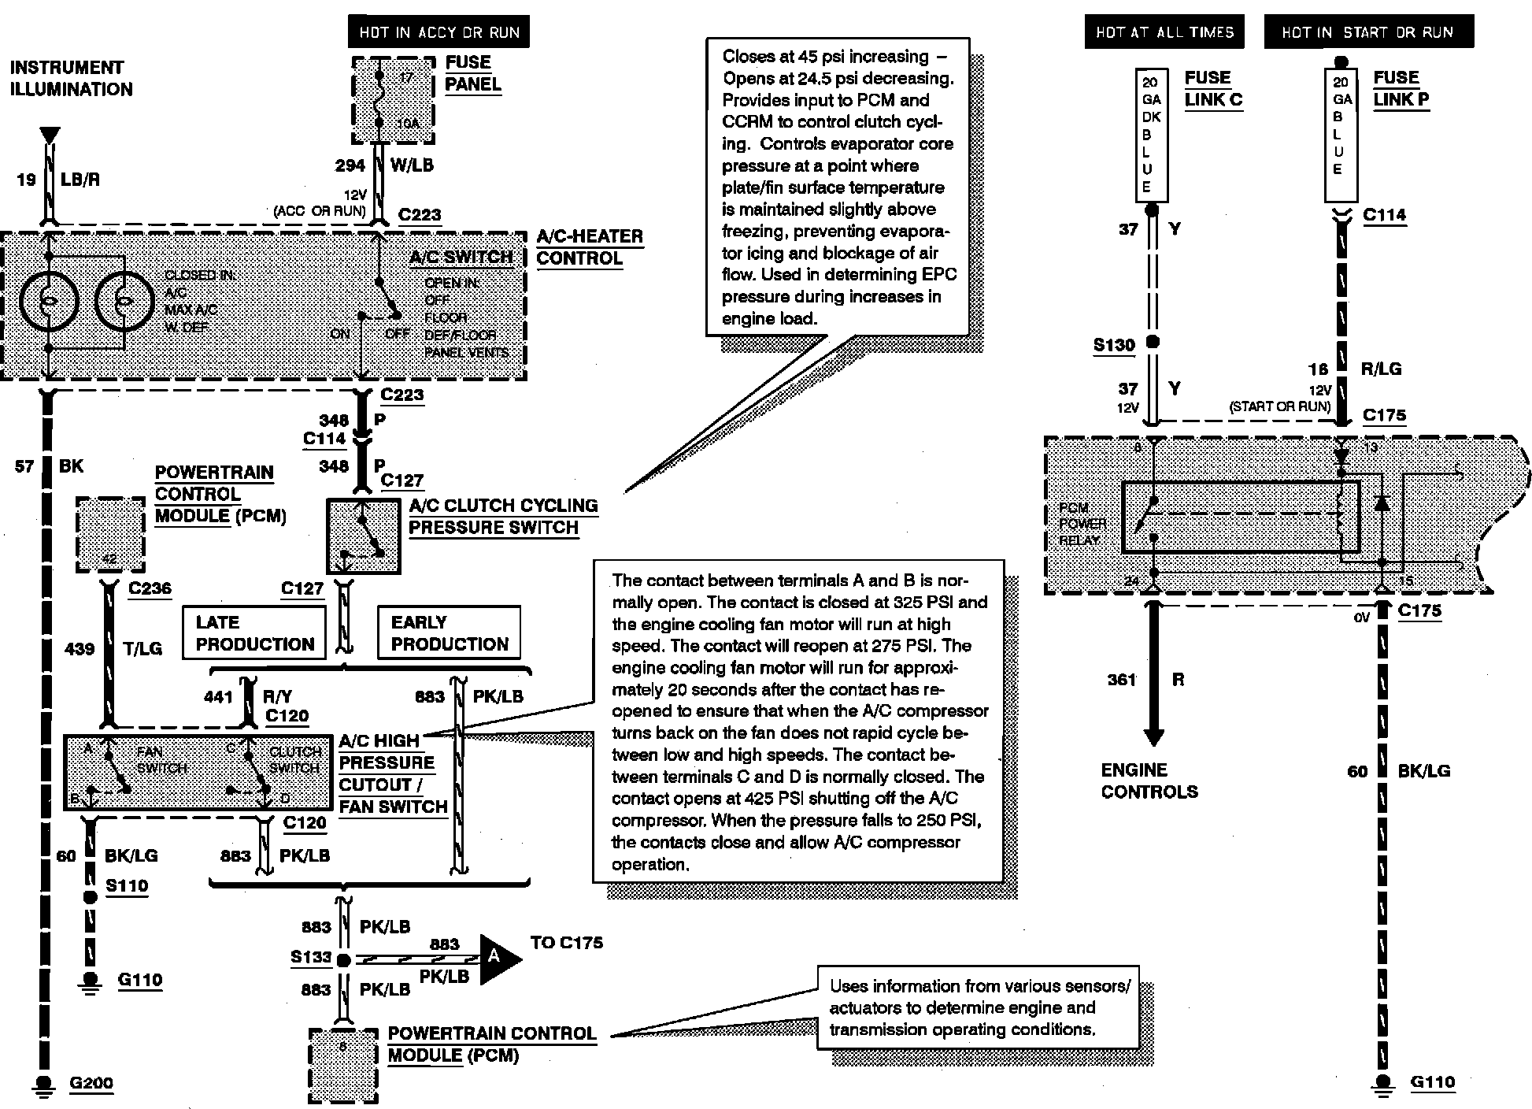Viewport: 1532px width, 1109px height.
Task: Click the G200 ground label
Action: [x=91, y=1083]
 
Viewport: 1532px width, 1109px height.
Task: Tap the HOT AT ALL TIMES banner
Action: [x=1164, y=32]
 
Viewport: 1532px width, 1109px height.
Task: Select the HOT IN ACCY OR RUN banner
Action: [x=439, y=32]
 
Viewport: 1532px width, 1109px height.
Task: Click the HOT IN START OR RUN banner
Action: [x=1368, y=32]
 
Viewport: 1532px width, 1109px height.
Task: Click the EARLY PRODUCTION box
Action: [x=450, y=633]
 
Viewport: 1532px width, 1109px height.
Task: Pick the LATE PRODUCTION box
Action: [x=254, y=633]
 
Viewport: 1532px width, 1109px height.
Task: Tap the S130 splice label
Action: [x=1114, y=345]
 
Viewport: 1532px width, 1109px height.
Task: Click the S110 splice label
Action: [x=127, y=886]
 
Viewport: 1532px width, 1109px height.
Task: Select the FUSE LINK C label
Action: [x=1212, y=88]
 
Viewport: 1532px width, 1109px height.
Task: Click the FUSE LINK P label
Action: [x=1401, y=88]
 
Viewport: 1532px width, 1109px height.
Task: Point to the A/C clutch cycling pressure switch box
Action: [x=363, y=536]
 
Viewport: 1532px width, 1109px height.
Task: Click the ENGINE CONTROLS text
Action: [x=1149, y=781]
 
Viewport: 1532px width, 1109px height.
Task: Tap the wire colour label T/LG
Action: [x=142, y=649]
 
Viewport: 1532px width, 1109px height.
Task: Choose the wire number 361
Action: [x=1122, y=680]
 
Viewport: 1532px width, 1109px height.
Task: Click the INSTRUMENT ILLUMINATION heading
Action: [x=71, y=78]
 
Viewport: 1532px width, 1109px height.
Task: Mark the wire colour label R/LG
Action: [x=1381, y=369]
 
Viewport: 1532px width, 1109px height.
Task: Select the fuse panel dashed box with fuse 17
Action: [x=393, y=100]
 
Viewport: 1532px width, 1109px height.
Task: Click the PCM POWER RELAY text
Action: [x=1082, y=524]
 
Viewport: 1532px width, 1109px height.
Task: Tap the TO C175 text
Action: [x=566, y=943]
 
